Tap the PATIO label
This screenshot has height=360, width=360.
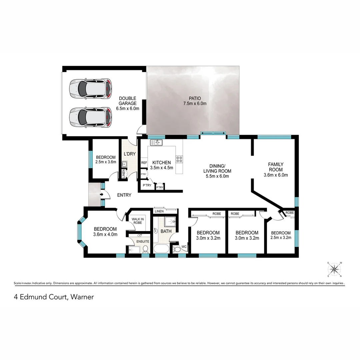pos(195,98)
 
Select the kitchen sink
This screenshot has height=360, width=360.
pos(156,143)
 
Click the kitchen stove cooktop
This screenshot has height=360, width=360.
pos(179,159)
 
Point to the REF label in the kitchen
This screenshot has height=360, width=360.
pos(144,163)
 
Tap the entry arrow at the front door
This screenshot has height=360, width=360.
pos(101,195)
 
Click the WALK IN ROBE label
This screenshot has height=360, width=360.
pos(137,221)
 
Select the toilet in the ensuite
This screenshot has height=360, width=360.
pos(145,249)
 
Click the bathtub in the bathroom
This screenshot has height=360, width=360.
pos(161,249)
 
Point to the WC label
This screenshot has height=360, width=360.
pos(184,247)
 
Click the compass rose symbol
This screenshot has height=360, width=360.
pos(334,269)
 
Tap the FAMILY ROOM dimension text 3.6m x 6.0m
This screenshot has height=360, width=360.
pos(276,175)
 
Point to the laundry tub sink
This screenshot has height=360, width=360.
pos(124,164)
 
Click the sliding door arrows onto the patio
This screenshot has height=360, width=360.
pos(213,133)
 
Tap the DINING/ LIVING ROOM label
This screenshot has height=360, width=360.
pos(217,169)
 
